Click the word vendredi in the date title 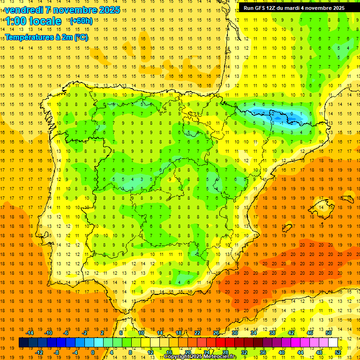(x=24, y=10)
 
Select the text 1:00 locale (x=33, y=21)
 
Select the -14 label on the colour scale (x=30, y=333)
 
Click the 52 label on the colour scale (x=338, y=352)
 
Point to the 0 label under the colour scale (x=93, y=352)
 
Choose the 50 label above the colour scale (x=328, y=333)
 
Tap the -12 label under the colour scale (x=39, y=352)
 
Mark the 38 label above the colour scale (x=272, y=333)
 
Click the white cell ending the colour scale (x=333, y=343)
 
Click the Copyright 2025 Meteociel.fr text (x=200, y=357)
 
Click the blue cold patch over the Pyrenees (x=281, y=116)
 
